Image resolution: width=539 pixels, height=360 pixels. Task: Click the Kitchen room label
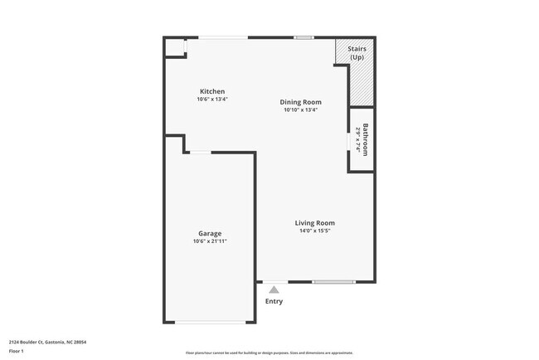click(x=211, y=91)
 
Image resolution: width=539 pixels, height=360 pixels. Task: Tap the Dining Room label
click(x=299, y=102)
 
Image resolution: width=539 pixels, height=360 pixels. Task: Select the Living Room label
click(x=315, y=222)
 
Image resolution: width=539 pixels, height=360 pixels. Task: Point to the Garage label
click(x=209, y=233)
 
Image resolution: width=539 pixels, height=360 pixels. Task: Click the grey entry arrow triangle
click(x=274, y=289)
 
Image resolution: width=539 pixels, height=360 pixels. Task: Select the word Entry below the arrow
click(x=274, y=301)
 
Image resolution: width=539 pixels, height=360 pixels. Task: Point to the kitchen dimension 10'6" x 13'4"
click(x=211, y=100)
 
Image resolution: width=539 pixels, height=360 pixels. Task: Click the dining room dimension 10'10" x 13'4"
click(x=300, y=110)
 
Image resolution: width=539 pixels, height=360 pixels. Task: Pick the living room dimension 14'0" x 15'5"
click(x=315, y=231)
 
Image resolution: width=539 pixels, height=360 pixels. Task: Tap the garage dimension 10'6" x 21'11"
click(x=209, y=241)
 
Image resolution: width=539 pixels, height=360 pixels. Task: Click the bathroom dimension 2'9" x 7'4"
click(x=358, y=139)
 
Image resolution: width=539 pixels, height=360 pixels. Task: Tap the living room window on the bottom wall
click(x=333, y=282)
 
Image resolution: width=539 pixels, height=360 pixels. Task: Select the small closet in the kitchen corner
click(x=175, y=47)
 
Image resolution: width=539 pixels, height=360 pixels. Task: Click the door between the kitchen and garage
click(x=200, y=152)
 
